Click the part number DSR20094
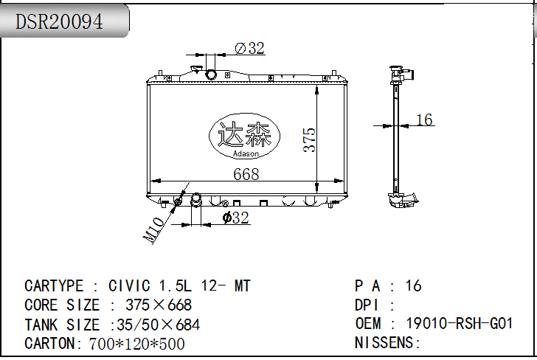(59, 21)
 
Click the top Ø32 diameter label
(249, 48)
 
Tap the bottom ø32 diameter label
(235, 218)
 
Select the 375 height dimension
(309, 139)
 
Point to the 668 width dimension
(246, 174)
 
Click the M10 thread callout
(153, 230)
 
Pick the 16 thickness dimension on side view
(424, 120)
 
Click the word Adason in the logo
(246, 153)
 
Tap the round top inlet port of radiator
(211, 75)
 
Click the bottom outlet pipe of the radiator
(196, 200)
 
